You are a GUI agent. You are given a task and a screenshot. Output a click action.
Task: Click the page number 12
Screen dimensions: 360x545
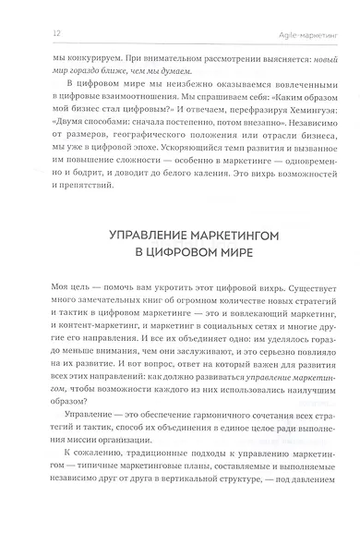point(32,35)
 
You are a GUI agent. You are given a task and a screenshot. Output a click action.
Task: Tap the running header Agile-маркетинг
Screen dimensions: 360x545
point(306,35)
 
